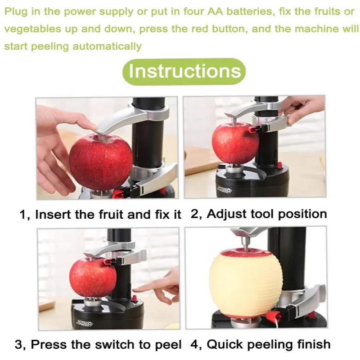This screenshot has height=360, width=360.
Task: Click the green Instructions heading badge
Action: tap(184, 72)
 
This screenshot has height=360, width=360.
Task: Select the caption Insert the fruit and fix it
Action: tap(100, 214)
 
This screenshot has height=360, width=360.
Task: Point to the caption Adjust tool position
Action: tap(259, 214)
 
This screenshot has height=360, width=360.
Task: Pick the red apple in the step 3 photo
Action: tap(92, 277)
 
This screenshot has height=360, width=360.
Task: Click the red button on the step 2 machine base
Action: tap(280, 166)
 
